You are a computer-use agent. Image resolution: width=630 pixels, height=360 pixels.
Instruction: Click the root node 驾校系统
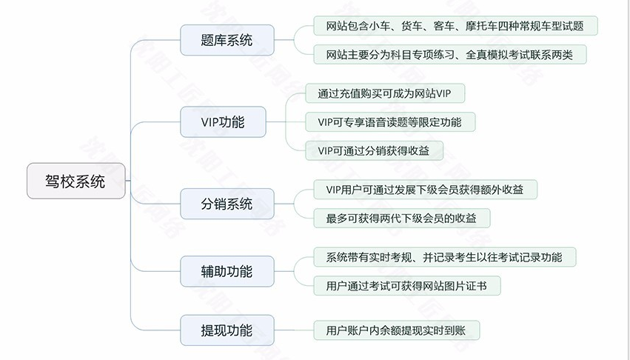pos(76,181)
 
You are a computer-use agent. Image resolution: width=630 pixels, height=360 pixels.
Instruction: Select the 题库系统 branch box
pos(227,40)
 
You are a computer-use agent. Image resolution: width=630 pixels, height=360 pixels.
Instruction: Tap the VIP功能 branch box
pos(223,121)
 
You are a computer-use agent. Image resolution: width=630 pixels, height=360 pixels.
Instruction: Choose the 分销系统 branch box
pos(227,203)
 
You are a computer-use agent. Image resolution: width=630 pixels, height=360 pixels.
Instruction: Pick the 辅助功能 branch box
pos(227,271)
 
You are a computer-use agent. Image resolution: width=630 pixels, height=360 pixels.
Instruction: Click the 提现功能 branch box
pos(227,330)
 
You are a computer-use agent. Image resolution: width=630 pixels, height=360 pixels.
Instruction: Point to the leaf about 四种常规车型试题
pos(455,26)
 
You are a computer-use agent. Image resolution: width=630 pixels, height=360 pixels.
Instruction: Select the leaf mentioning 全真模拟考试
pos(449,54)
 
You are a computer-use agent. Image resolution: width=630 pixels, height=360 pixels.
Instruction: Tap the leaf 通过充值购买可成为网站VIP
pos(384,94)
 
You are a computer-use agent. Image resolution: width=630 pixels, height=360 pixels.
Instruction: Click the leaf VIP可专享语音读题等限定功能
pos(389,121)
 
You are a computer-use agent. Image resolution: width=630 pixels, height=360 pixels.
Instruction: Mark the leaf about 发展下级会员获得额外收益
pos(425,190)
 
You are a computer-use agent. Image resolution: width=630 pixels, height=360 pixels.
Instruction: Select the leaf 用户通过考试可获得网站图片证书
pos(406,285)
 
